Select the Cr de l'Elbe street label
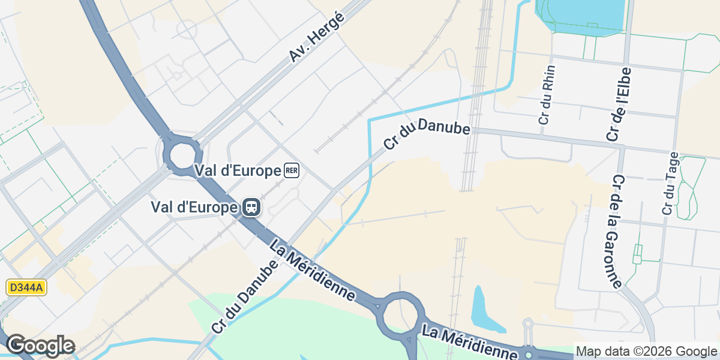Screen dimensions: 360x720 point(620,104)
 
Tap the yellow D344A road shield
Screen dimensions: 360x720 point(26,288)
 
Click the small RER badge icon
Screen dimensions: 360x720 point(292,171)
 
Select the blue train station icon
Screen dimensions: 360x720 point(251,208)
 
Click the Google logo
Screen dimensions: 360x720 point(40,346)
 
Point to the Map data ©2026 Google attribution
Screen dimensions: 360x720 point(646,351)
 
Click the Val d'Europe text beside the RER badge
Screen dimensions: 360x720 point(238,171)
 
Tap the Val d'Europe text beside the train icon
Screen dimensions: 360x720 point(194,208)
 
